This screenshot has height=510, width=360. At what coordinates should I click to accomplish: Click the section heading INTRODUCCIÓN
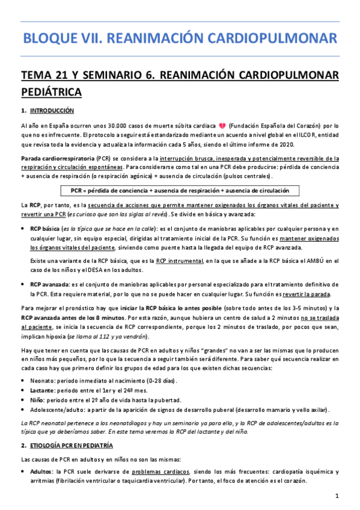click(51, 111)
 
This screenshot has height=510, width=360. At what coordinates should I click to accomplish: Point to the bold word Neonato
click(42, 381)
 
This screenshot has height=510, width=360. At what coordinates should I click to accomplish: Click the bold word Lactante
click(42, 390)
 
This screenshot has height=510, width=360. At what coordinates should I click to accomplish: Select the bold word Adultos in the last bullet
click(42, 473)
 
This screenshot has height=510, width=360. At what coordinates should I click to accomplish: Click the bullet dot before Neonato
click(23, 381)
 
